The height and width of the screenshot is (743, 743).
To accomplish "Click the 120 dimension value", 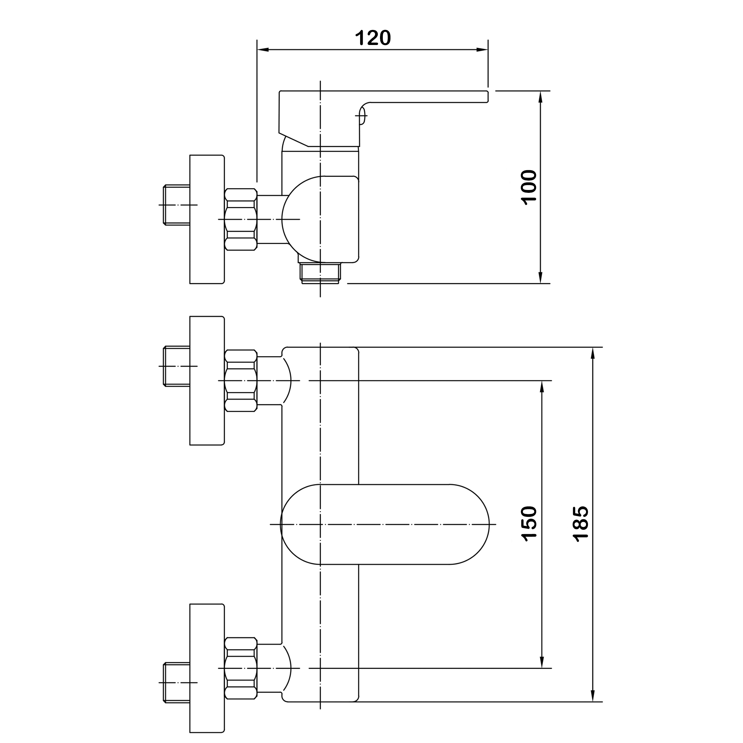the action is [x=373, y=38].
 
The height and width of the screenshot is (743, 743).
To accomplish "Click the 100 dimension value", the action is [x=529, y=187].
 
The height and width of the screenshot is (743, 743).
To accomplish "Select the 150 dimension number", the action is [x=529, y=524].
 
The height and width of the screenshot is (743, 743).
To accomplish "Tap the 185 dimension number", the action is [x=580, y=524].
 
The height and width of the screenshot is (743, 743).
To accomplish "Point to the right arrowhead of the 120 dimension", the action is [x=482, y=50].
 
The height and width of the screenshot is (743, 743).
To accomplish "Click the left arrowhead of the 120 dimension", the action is [x=263, y=50].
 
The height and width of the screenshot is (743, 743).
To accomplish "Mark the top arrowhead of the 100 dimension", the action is [x=540, y=97].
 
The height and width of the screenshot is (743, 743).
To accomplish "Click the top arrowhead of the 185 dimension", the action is [x=593, y=353].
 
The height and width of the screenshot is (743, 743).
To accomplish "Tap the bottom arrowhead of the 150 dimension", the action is [x=542, y=662].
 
